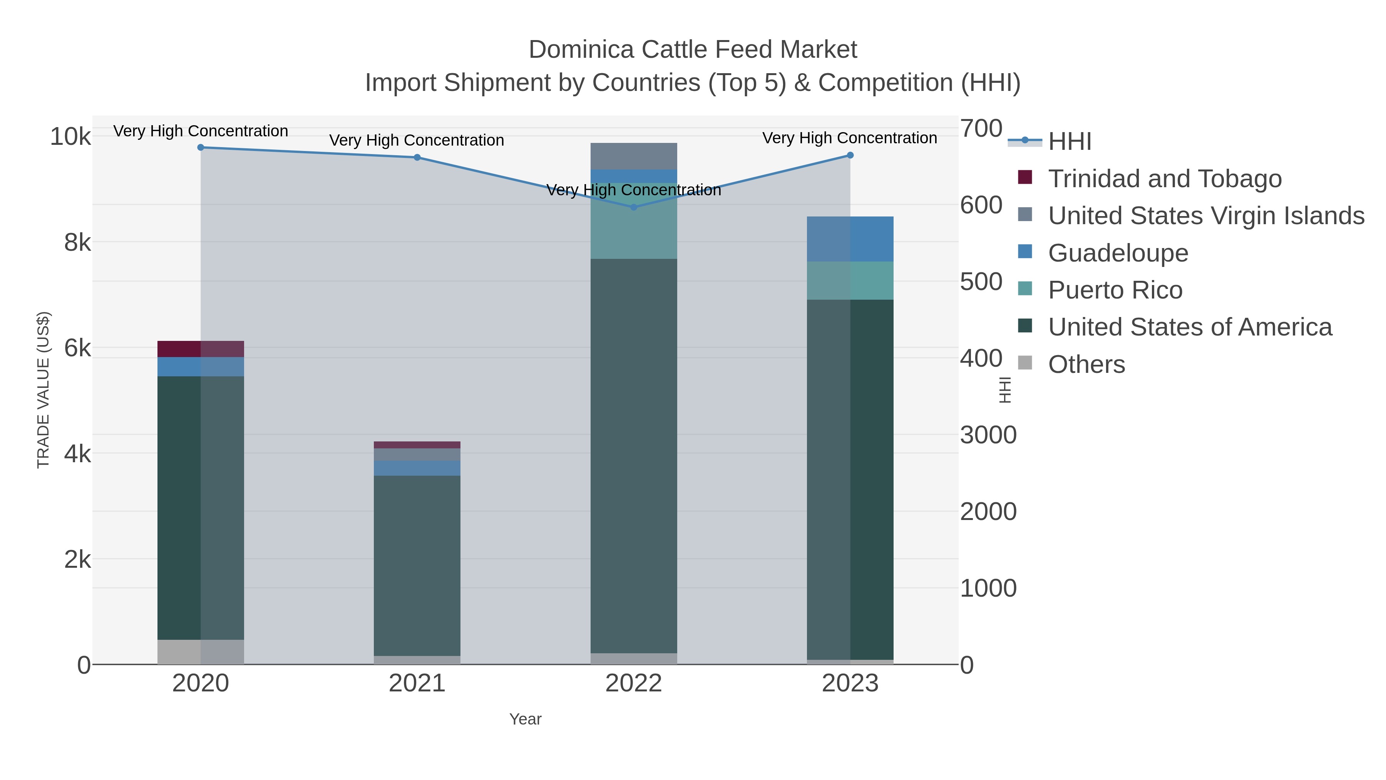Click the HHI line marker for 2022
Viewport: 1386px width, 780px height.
coord(633,207)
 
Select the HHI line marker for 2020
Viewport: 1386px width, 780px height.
coord(201,148)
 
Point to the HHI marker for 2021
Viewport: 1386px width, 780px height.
coord(417,158)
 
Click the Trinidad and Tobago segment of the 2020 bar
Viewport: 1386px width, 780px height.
coord(201,349)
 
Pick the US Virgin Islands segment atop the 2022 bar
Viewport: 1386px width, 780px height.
coord(633,156)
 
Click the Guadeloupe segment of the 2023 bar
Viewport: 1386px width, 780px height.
coord(850,239)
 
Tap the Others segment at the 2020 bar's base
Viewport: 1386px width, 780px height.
coord(201,652)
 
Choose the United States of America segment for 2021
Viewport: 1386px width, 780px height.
coord(417,565)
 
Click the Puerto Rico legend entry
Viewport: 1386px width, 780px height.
coord(1115,290)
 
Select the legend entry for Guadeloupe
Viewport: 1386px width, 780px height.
coord(1118,253)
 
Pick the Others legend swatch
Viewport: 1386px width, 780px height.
coord(1025,363)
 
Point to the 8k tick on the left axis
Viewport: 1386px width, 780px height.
coord(77,243)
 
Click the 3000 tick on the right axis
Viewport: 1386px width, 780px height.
coord(988,435)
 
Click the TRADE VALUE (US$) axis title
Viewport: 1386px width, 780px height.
coord(43,390)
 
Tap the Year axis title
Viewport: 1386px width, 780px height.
coord(525,719)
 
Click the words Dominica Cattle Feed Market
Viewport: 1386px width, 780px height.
coord(693,50)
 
